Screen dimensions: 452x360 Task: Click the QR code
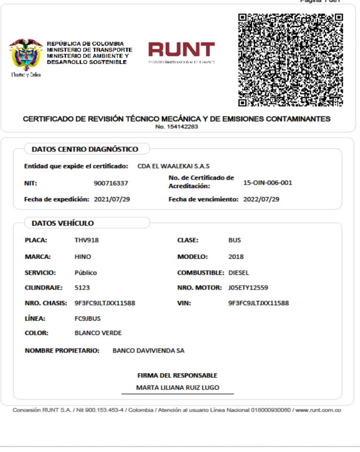pos(290,59)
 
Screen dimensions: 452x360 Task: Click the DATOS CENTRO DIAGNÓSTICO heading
pos(84,150)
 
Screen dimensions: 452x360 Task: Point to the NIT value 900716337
pos(111,183)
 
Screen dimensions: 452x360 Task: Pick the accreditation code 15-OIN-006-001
pos(268,183)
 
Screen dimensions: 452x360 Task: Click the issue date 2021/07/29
pos(112,199)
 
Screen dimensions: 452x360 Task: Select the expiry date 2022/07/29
pos(261,199)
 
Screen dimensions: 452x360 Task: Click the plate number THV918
pos(87,240)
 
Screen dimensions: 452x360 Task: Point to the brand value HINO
pos(83,257)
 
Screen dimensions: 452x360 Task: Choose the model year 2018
pos(236,257)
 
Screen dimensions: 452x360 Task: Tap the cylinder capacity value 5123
pos(82,287)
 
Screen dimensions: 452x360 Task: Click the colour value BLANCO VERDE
pos(98,333)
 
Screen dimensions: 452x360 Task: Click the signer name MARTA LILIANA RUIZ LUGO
pos(177,388)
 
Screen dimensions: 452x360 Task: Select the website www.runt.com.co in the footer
pos(318,410)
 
